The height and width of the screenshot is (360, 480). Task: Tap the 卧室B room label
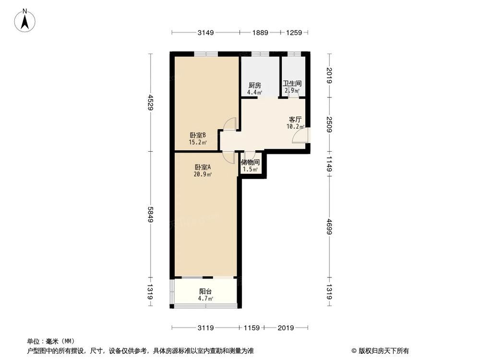[197, 135]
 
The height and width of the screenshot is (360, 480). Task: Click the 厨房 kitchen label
[254, 85]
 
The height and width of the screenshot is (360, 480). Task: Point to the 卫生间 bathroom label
[292, 83]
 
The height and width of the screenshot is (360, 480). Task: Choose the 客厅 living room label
[295, 120]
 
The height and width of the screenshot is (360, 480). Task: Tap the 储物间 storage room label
[250, 162]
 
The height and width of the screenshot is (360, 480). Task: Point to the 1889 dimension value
[261, 33]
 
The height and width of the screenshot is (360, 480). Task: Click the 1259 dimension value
[294, 33]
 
